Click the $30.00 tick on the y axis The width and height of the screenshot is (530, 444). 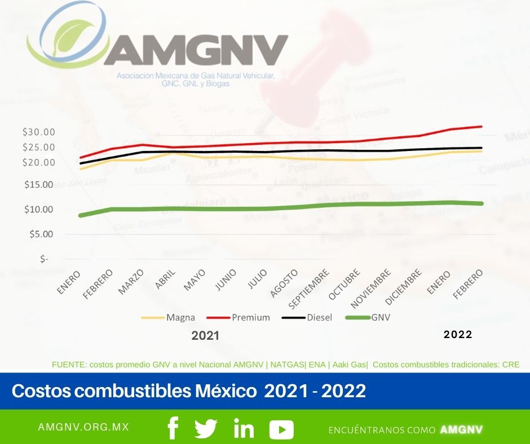pos(38,132)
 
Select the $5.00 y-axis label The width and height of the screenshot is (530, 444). pos(41,234)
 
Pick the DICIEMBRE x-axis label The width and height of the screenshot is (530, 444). pos(404,287)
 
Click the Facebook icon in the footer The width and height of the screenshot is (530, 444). pos(173,429)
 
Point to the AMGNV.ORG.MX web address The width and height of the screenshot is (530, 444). pos(83,427)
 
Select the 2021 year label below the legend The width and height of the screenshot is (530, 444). pos(205,336)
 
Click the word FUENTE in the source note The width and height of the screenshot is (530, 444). pos(67,365)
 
